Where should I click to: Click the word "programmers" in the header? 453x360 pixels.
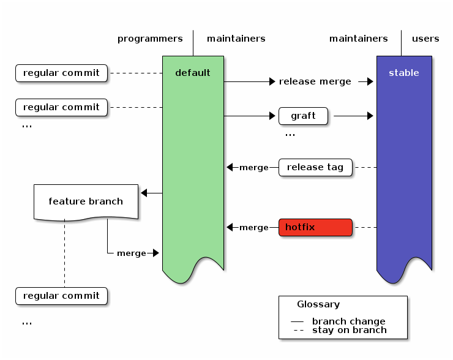point(150,39)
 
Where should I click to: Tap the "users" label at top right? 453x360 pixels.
point(425,39)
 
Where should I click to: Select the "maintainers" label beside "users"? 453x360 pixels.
point(358,39)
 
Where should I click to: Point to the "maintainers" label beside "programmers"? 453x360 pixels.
point(236,39)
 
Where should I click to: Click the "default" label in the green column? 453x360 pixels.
point(193,73)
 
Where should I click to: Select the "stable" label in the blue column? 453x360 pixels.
point(404,73)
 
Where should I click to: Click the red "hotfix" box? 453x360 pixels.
point(315,227)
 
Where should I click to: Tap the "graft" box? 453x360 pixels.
point(303,116)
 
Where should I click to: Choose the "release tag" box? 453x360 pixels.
point(315,167)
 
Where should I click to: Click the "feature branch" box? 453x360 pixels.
point(86,201)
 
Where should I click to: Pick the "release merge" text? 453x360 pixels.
point(315,81)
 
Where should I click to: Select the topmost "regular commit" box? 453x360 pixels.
point(61,73)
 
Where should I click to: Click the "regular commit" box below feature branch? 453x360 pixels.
point(61,296)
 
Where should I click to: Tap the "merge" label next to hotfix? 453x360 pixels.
point(254,228)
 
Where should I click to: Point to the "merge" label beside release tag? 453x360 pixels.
point(254,168)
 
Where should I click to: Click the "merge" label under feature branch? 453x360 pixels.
point(132,253)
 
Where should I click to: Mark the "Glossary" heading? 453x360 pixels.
point(318,304)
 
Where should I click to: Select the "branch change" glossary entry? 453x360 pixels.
point(348,321)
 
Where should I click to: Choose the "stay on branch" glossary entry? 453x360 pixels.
point(349,330)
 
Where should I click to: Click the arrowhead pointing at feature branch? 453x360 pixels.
point(144,193)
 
